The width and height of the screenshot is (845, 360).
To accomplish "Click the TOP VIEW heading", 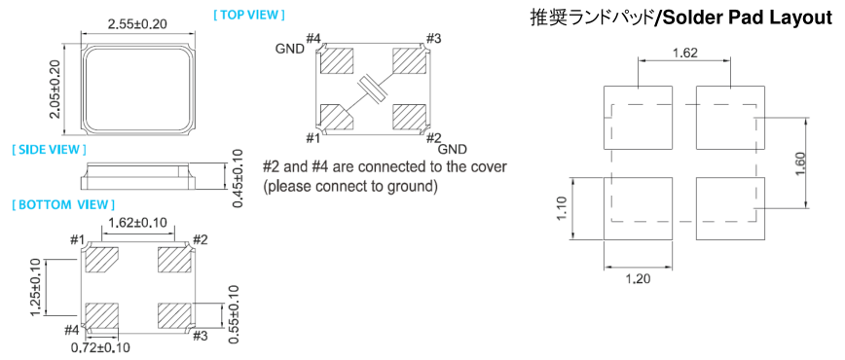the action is click(249, 15).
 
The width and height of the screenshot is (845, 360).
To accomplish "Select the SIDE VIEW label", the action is click(49, 149).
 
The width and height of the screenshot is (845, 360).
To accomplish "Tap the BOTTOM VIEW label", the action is click(63, 204).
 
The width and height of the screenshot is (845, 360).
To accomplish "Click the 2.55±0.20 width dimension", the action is click(137, 23).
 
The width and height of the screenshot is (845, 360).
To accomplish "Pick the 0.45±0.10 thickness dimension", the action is click(238, 178).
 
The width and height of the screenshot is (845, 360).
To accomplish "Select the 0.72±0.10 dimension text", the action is click(100, 347).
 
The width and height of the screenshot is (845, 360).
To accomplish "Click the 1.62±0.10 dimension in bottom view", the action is click(137, 222).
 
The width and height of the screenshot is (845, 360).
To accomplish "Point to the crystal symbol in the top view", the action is click(372, 89).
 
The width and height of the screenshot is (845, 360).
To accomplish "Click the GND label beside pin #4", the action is click(290, 49).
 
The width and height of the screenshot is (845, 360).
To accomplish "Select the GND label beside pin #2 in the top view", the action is click(452, 149).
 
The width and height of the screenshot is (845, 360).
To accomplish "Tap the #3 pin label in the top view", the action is click(434, 38).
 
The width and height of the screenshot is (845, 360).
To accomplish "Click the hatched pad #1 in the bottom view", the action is click(102, 259).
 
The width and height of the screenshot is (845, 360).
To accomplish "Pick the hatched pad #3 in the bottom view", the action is click(174, 316).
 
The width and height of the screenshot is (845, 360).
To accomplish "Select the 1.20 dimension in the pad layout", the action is click(639, 278).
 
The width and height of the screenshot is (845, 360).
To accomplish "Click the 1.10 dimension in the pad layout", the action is click(563, 207).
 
